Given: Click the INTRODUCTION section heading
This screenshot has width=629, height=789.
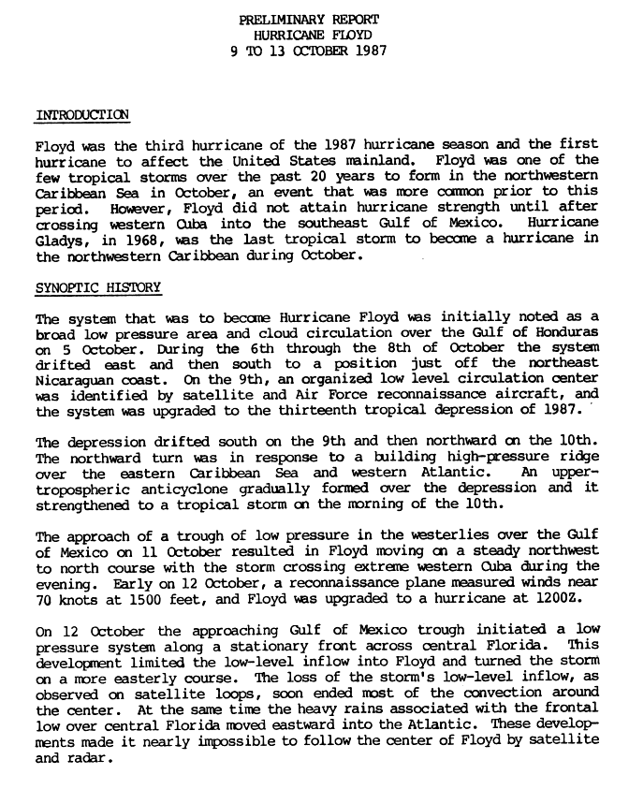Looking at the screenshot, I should tap(81, 115).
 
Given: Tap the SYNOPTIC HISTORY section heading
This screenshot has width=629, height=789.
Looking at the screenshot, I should tap(97, 286).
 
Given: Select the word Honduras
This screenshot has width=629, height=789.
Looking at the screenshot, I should tap(570, 332).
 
